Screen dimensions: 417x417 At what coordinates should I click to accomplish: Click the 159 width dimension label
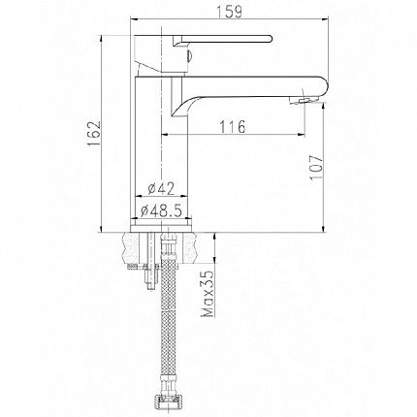pos(229,12)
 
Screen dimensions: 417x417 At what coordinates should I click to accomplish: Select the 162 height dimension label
pos(94,134)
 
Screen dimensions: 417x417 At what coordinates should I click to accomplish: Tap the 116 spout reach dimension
pos(233,126)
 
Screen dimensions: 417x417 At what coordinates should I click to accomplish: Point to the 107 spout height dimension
pos(316,167)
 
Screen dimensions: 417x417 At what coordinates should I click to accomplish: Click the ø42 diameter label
pos(161,189)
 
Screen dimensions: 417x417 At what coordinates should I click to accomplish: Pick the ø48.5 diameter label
pos(161,211)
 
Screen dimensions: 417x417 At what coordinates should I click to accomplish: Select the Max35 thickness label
pos(208,293)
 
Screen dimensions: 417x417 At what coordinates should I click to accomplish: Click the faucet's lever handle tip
pos(269,38)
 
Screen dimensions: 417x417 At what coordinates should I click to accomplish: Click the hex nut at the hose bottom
pos(168,406)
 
